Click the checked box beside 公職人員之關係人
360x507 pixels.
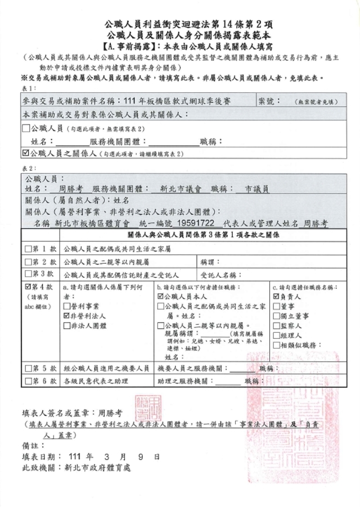[25, 152]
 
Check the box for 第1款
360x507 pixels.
[28, 248]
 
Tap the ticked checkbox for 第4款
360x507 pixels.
[28, 287]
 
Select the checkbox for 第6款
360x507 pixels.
[28, 382]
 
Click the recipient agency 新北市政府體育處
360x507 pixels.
[101, 467]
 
